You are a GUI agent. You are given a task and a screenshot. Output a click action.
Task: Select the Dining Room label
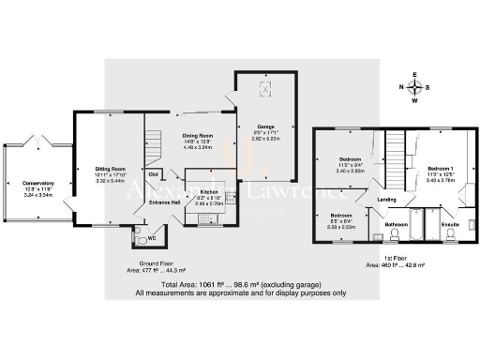(x=198, y=135)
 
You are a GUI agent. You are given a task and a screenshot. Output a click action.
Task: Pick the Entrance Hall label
(x=164, y=202)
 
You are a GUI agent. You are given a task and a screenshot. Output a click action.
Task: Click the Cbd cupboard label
(x=152, y=173)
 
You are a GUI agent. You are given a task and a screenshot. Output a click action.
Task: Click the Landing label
(x=387, y=199)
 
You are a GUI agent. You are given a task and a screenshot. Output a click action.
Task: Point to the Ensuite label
(x=449, y=225)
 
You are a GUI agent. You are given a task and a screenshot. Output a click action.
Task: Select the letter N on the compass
(x=402, y=88)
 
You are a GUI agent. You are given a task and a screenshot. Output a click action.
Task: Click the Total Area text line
(x=240, y=284)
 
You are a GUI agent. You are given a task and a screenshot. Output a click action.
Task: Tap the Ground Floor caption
(x=153, y=262)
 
